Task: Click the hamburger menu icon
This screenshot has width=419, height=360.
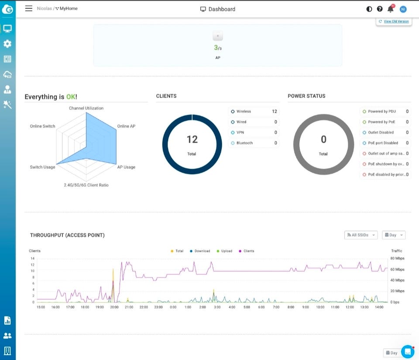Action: pyautogui.click(x=29, y=8)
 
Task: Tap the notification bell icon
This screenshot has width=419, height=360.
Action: pyautogui.click(x=391, y=9)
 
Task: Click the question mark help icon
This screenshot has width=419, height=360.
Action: pyautogui.click(x=379, y=9)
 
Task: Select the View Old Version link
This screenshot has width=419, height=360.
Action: pyautogui.click(x=396, y=21)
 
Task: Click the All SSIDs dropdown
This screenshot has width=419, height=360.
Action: pyautogui.click(x=361, y=235)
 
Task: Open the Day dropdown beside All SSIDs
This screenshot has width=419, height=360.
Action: pyautogui.click(x=394, y=235)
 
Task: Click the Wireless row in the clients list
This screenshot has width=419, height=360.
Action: pyautogui.click(x=254, y=111)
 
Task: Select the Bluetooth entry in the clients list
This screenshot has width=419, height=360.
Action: pyautogui.click(x=254, y=143)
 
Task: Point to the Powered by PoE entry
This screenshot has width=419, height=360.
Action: pyautogui.click(x=385, y=122)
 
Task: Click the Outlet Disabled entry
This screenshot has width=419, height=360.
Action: pyautogui.click(x=385, y=132)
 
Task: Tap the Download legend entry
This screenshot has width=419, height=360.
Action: pyautogui.click(x=200, y=251)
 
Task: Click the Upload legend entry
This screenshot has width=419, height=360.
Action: pyautogui.click(x=224, y=251)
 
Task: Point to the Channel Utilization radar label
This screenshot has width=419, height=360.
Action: pyautogui.click(x=86, y=108)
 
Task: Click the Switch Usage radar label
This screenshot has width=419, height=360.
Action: pyautogui.click(x=42, y=167)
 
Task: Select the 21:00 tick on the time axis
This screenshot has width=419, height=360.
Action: pyautogui.click(x=129, y=307)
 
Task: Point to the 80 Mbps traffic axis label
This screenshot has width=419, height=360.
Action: pyautogui.click(x=397, y=258)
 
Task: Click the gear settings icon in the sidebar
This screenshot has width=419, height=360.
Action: pyautogui.click(x=7, y=44)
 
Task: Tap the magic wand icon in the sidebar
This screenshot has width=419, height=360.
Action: pyautogui.click(x=7, y=104)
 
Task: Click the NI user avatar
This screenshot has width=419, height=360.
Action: pyautogui.click(x=403, y=9)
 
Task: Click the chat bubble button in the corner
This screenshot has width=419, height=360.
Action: pyautogui.click(x=408, y=351)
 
